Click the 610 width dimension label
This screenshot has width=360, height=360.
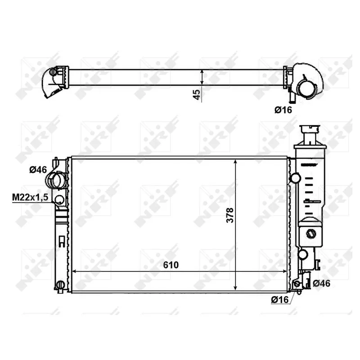coord(171,265)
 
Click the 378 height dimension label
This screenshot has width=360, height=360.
coord(230,215)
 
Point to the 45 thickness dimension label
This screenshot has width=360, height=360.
coord(197,94)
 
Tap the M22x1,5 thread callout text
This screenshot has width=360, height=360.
coord(30,197)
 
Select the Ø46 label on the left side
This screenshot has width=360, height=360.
coord(38,170)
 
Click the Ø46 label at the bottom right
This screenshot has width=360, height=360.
coord(321,283)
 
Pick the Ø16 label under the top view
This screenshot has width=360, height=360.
coord(283,110)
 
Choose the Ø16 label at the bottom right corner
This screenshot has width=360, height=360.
coord(280,300)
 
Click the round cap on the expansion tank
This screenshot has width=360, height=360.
coord(311,234)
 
